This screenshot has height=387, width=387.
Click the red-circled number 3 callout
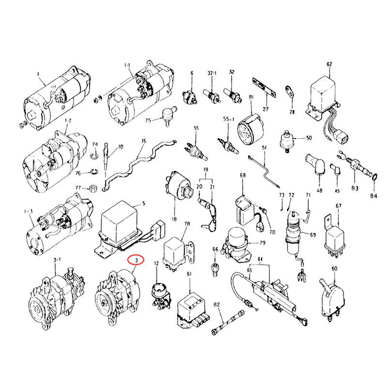[x=136, y=261]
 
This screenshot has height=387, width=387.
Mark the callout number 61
[x=189, y=274]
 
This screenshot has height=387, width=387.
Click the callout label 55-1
[x=229, y=119]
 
